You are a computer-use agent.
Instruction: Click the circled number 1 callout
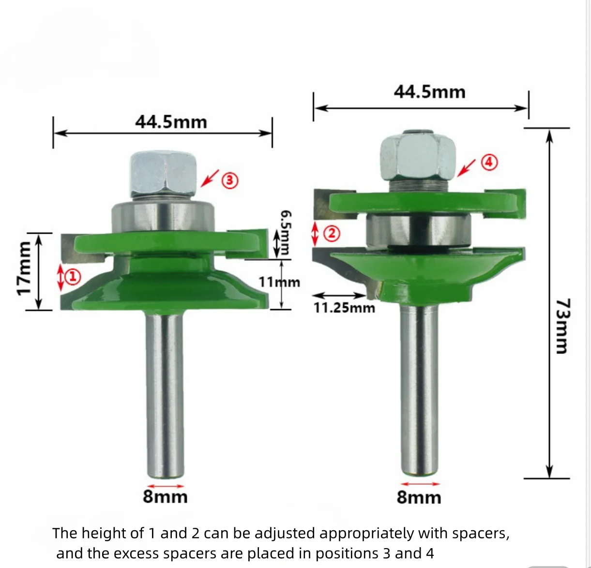click(x=73, y=277)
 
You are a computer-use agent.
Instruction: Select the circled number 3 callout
click(x=230, y=180)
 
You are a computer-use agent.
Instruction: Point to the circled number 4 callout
click(x=489, y=163)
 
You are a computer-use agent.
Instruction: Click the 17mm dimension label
click(x=24, y=269)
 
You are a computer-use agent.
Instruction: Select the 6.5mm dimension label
click(x=286, y=233)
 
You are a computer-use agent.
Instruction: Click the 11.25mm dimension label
click(x=344, y=308)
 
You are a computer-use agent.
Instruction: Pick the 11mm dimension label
click(x=279, y=282)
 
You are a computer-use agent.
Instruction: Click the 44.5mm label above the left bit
click(x=171, y=122)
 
